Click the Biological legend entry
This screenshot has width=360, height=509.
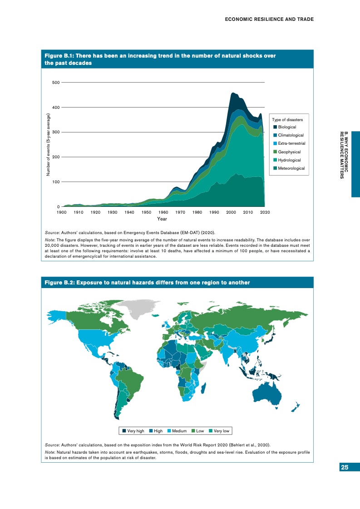click(x=287, y=127)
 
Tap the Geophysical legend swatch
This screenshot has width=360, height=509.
click(x=275, y=152)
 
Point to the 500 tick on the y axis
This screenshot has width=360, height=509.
click(x=56, y=83)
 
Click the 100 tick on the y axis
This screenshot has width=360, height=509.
click(x=56, y=182)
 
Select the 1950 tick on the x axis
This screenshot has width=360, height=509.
click(x=146, y=212)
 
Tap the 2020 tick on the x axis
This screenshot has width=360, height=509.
click(x=265, y=212)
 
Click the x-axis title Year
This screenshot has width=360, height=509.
click(x=162, y=219)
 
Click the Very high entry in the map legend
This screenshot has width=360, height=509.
click(x=133, y=431)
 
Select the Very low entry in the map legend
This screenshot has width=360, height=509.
click(x=221, y=431)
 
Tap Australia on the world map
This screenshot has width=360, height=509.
click(x=271, y=391)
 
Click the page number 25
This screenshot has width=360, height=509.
click(x=345, y=468)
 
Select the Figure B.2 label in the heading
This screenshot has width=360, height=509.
click(x=59, y=283)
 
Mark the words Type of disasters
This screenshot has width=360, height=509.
click(x=290, y=119)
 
